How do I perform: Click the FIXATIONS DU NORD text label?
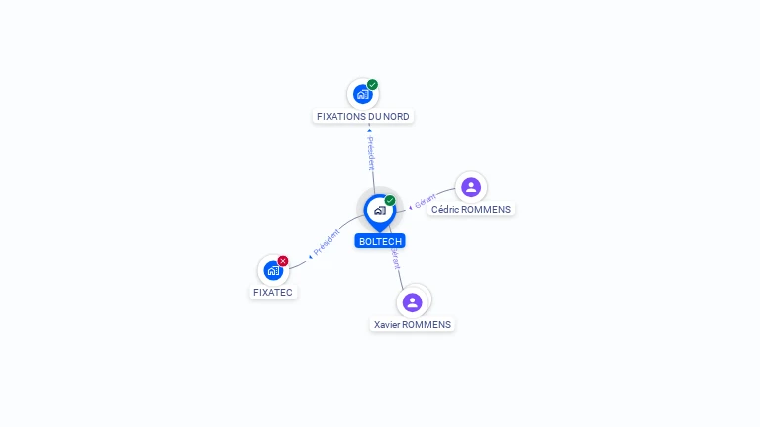(x=362, y=117)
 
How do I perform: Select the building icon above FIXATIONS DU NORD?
(x=362, y=95)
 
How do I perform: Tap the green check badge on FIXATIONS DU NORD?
(x=372, y=85)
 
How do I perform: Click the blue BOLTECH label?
(x=380, y=241)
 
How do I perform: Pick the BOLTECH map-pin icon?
(x=379, y=211)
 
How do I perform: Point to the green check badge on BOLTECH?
(x=390, y=201)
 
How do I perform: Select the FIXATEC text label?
(x=273, y=293)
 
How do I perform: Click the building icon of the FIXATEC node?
(x=273, y=270)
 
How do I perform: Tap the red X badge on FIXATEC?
(x=283, y=261)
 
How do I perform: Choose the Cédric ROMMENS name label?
(x=471, y=210)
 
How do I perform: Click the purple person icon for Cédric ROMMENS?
(x=471, y=187)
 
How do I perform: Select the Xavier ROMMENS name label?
(x=413, y=324)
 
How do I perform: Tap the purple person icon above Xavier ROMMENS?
(x=413, y=301)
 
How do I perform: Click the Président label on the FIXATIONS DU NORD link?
(x=371, y=153)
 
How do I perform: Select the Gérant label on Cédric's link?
(x=426, y=201)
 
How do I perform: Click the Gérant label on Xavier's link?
(x=395, y=259)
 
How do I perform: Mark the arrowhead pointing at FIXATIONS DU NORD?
(x=369, y=130)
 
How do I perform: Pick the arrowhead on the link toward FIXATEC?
(x=310, y=256)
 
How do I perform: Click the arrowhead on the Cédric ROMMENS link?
(x=411, y=208)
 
